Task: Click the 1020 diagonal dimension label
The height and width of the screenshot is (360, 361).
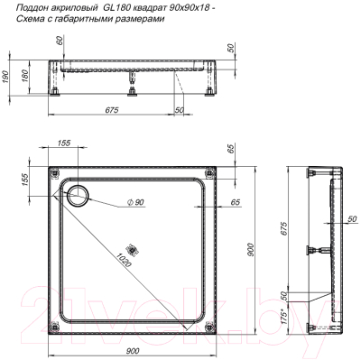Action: pyautogui.click(x=123, y=259)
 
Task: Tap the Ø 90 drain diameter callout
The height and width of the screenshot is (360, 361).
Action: pyautogui.click(x=136, y=202)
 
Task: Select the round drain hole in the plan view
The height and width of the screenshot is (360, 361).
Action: pyautogui.click(x=78, y=195)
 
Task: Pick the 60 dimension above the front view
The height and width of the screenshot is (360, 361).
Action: pyautogui.click(x=60, y=41)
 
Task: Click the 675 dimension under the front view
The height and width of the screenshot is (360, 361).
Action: pyautogui.click(x=112, y=110)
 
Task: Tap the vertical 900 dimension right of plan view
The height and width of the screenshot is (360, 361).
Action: pyautogui.click(x=251, y=249)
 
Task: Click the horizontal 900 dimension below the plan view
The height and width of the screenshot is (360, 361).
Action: pyautogui.click(x=133, y=351)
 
